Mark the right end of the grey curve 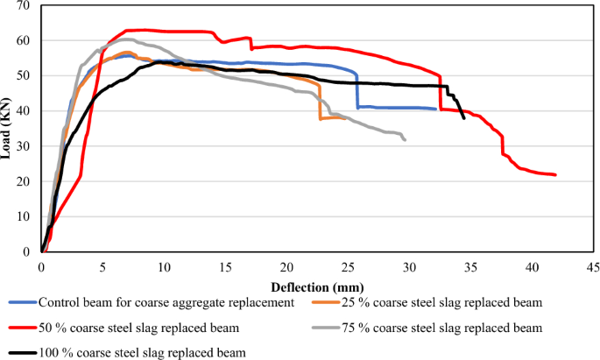pyautogui.click(x=405, y=139)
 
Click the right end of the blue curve pyautogui.click(x=435, y=109)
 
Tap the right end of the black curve pyautogui.click(x=463, y=117)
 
